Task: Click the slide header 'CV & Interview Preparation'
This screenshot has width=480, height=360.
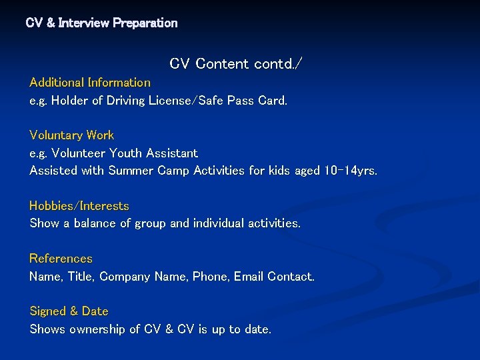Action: tap(101, 23)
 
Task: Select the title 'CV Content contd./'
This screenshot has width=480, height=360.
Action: tap(236, 64)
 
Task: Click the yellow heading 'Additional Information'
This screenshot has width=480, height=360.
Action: tap(90, 83)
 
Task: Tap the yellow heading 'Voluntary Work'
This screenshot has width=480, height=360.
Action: tap(71, 135)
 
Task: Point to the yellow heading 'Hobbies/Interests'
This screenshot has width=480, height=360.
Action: tap(79, 206)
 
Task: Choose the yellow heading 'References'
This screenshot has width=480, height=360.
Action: tap(61, 259)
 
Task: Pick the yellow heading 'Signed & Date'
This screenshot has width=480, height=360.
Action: tap(69, 311)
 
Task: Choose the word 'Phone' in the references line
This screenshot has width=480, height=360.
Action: tap(211, 276)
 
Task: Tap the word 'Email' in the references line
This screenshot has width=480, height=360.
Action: tap(249, 276)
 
